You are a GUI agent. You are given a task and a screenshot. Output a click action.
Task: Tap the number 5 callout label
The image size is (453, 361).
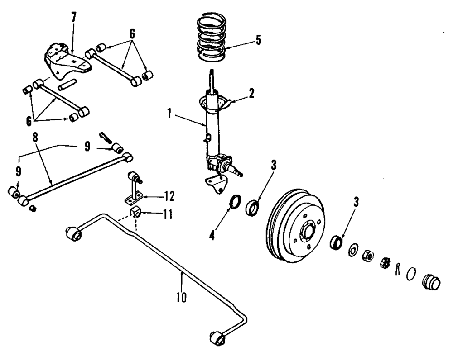pyautogui.click(x=258, y=40)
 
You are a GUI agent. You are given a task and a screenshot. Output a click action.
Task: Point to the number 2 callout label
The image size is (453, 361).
pyautogui.click(x=251, y=94)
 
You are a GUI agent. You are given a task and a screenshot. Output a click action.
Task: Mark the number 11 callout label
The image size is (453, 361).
pyautogui.click(x=168, y=214)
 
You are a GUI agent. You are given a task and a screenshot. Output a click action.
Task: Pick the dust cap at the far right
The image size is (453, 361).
pyautogui.click(x=430, y=282)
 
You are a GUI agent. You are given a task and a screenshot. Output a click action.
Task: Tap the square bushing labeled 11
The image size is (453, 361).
pyautogui.click(x=136, y=211)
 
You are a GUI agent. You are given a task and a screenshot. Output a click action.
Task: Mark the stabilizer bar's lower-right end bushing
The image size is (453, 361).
pyautogui.click(x=218, y=337)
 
